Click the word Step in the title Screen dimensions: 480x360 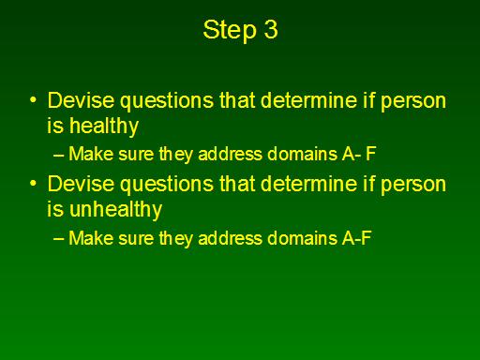pyautogui.click(x=230, y=30)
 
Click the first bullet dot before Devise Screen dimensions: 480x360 pyautogui.click(x=33, y=100)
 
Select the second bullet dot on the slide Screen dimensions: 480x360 pyautogui.click(x=33, y=184)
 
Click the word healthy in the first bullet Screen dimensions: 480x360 pyautogui.click(x=104, y=127)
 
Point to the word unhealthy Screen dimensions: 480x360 pyautogui.click(x=115, y=210)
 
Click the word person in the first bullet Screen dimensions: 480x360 pyautogui.click(x=413, y=102)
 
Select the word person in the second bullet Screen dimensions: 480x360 pyautogui.click(x=413, y=186)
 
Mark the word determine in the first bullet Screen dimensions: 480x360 pyautogui.click(x=308, y=100)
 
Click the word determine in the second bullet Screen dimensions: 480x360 pyautogui.click(x=308, y=184)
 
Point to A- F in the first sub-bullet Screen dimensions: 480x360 pyautogui.click(x=359, y=154)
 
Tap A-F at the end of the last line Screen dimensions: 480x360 pyautogui.click(x=357, y=238)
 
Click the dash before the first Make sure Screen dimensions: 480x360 pyautogui.click(x=59, y=155)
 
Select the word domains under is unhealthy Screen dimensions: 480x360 pyautogui.click(x=302, y=238)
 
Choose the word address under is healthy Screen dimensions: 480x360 pyautogui.click(x=230, y=154)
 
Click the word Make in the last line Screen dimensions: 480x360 pyautogui.click(x=91, y=238)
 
